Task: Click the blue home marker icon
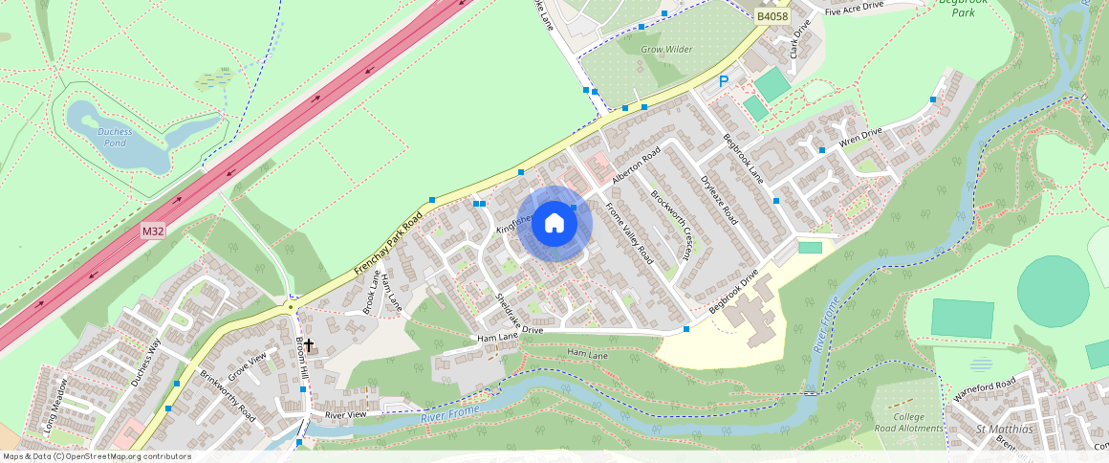point(554,224)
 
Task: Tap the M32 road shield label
point(154,231)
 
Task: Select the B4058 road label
point(771,16)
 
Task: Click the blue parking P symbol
point(724,83)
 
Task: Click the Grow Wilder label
point(666,49)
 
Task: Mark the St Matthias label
point(1003,428)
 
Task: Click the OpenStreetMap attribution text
point(97,456)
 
